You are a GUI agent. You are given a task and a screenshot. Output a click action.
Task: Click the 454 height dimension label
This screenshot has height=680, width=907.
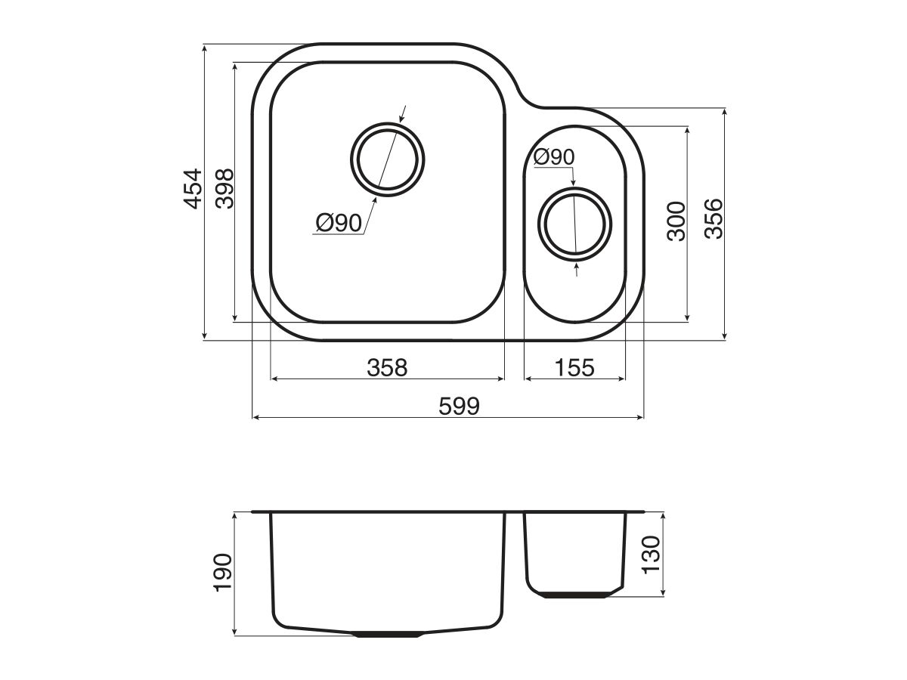click(193, 189)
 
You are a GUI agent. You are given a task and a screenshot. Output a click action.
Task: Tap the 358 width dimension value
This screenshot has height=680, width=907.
click(387, 368)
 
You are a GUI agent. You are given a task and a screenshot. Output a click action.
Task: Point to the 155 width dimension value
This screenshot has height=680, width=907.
click(574, 368)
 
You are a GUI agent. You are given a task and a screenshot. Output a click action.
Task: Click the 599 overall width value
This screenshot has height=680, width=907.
click(459, 406)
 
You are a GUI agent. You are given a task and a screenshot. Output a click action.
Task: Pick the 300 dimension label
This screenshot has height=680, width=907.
click(676, 221)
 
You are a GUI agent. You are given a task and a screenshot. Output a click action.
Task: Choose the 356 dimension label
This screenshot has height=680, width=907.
click(714, 219)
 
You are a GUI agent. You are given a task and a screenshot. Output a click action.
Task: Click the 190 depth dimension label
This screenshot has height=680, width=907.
click(224, 573)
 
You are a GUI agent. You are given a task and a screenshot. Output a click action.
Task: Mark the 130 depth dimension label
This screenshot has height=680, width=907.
click(652, 554)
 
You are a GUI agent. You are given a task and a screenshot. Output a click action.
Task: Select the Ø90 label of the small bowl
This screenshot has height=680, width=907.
click(553, 157)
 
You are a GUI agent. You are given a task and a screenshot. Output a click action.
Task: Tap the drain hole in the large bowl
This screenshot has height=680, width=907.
click(388, 159)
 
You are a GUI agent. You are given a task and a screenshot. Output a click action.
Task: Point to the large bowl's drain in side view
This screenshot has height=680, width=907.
click(388, 635)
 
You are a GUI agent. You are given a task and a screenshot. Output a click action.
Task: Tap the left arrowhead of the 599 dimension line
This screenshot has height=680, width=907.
click(255, 416)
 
